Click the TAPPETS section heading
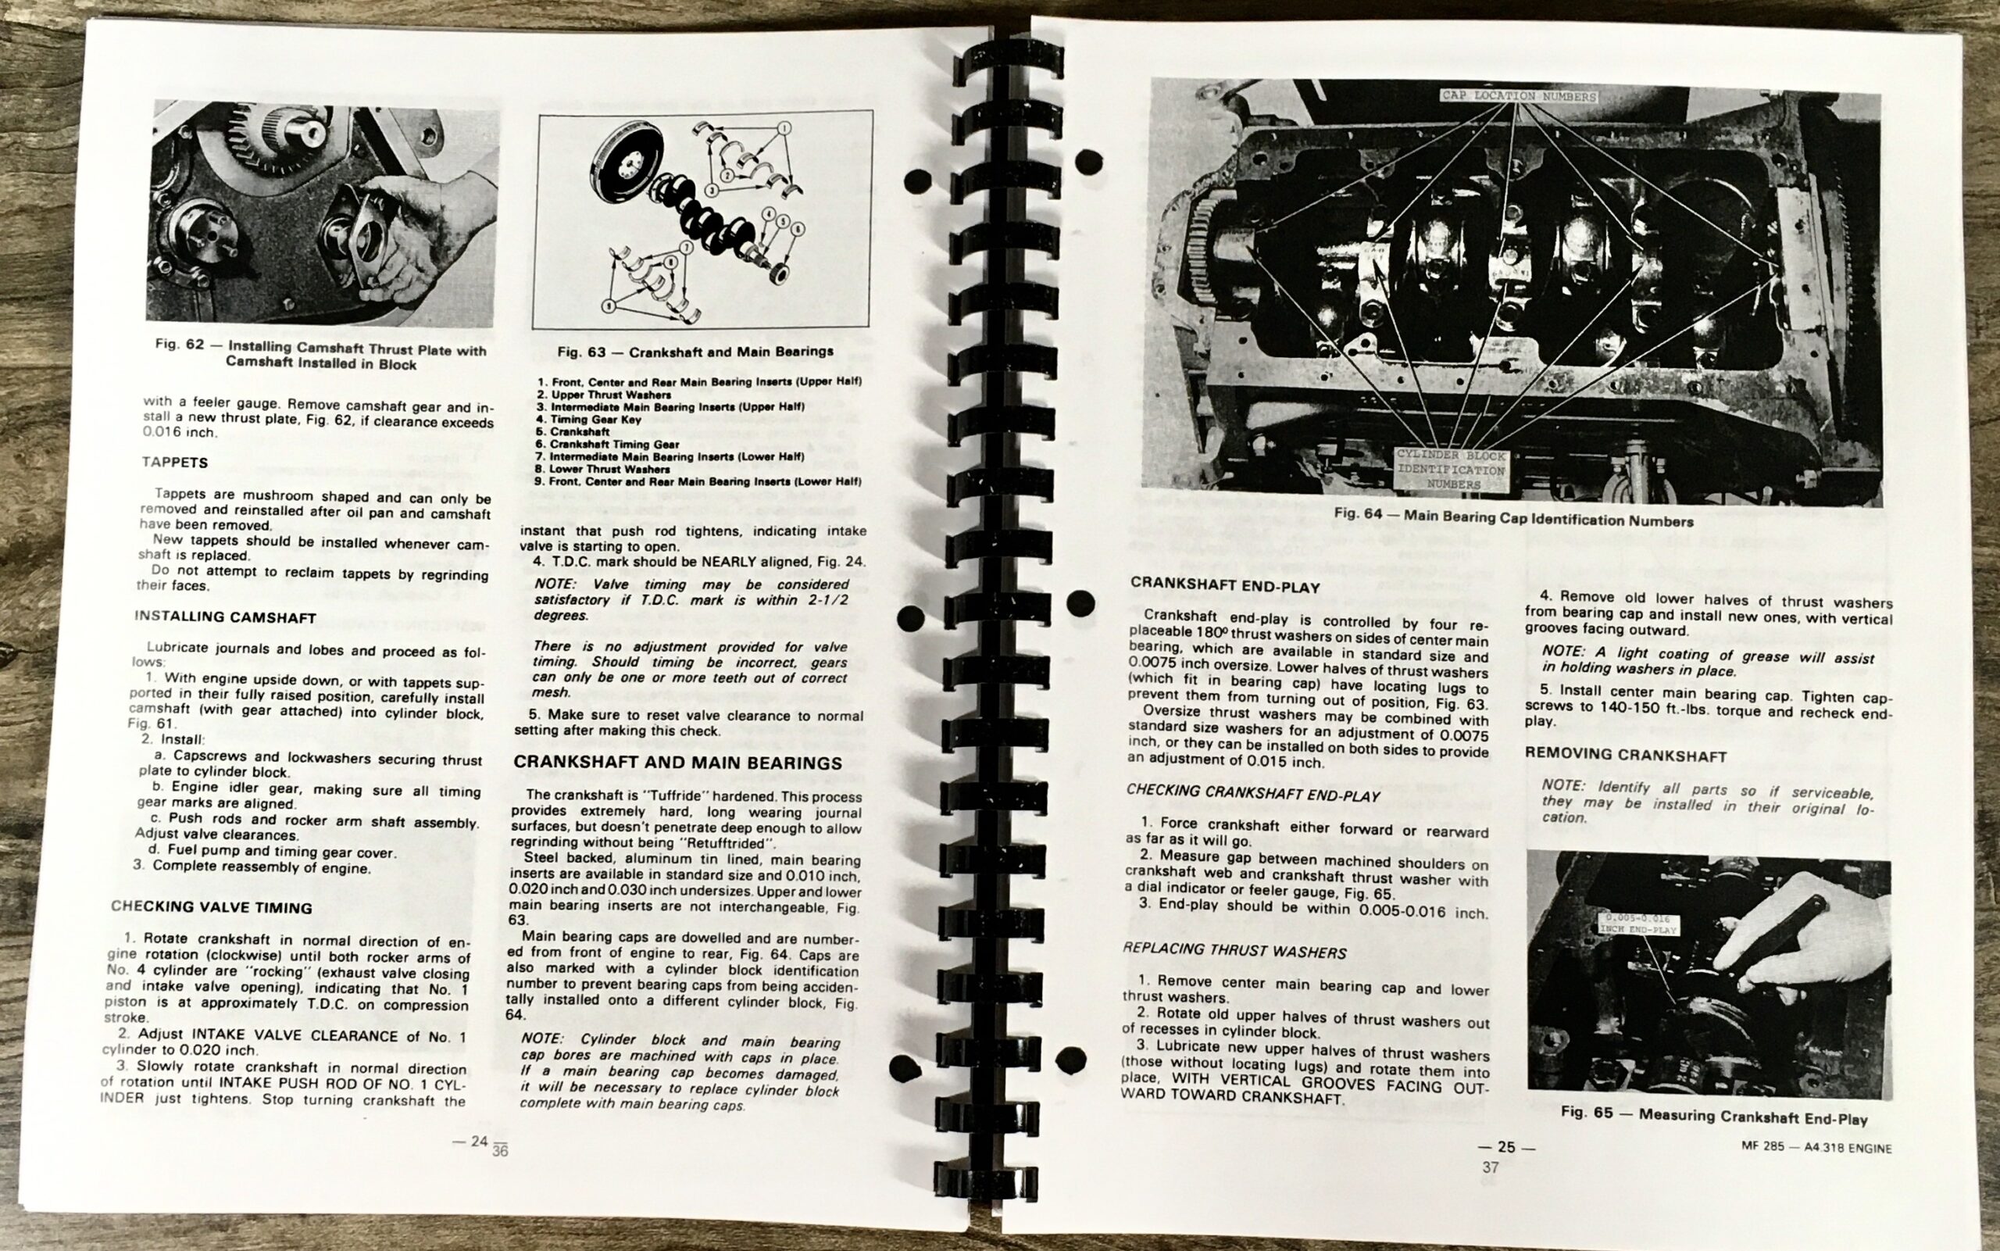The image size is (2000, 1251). point(174,462)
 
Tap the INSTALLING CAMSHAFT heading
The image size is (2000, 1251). point(225,617)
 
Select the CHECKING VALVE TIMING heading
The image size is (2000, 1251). point(212,907)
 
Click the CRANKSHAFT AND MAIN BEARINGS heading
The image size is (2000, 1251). point(678,763)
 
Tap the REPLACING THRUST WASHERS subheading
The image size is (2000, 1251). point(1234,951)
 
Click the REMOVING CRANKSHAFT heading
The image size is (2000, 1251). point(1625,755)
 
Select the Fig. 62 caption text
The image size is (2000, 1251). point(321,356)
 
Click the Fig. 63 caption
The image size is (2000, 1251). point(695,352)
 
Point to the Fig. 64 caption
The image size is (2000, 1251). point(1512,518)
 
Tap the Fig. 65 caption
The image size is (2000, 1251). point(1714,1115)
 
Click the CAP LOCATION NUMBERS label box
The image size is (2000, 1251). point(1519,96)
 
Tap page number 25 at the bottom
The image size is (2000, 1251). point(1506,1147)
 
